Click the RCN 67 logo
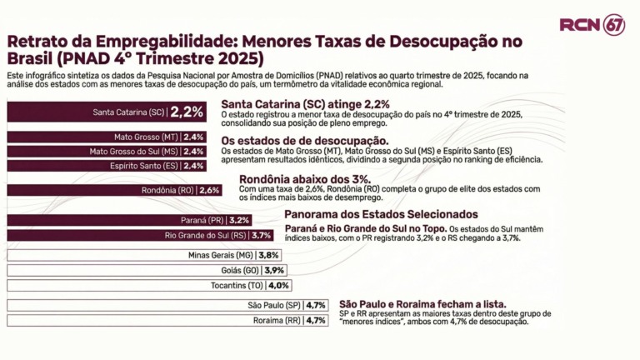coord(592,24)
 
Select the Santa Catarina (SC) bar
coord(105,112)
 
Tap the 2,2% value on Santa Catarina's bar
coord(187,112)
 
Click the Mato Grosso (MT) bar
coord(107,137)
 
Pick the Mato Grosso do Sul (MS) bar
coord(107,151)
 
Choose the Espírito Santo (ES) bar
coord(107,166)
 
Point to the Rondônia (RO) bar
coord(114,190)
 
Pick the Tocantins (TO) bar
coord(149,285)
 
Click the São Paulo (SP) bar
coord(167,305)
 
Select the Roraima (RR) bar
coord(167,320)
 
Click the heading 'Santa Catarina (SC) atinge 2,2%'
coord(306,104)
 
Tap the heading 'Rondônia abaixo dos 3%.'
coord(305,179)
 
